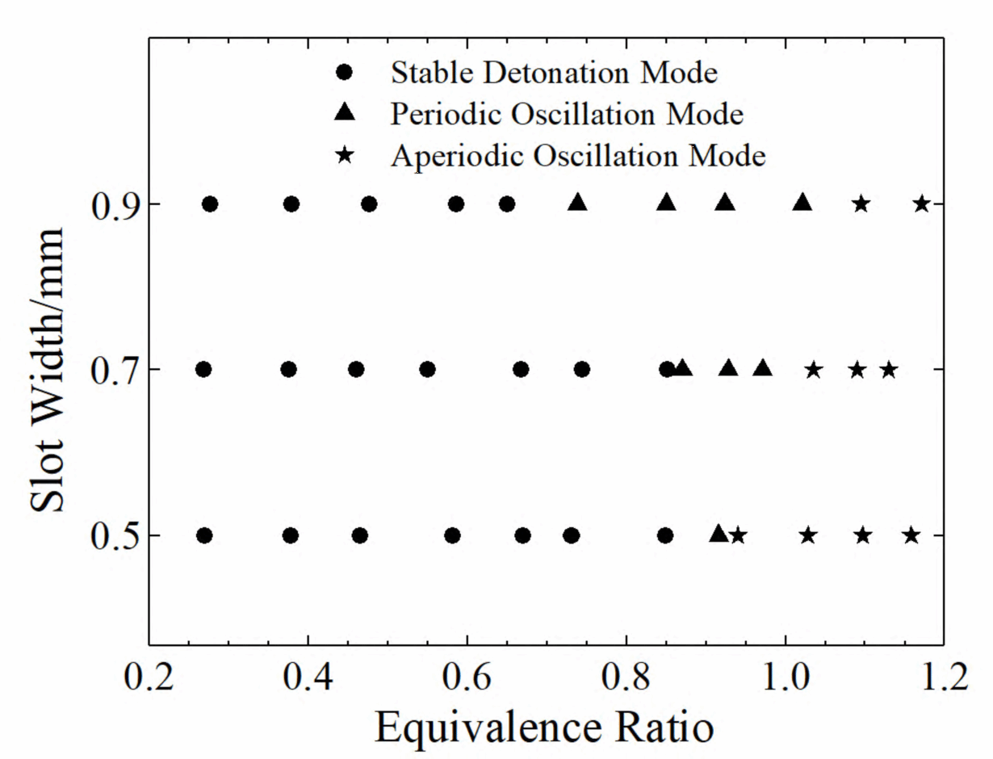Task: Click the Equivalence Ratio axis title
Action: coord(544,728)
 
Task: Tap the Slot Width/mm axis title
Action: coord(48,370)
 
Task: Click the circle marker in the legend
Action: coord(346,73)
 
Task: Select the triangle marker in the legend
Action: coord(346,114)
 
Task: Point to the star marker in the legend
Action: coord(346,155)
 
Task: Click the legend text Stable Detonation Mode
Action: coord(554,73)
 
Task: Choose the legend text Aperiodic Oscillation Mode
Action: coord(577,155)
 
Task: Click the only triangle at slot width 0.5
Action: coord(719,534)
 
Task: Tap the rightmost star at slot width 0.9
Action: coord(922,203)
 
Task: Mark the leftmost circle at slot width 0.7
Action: coord(204,370)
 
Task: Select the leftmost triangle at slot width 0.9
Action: coord(577,203)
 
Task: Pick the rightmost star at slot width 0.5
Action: coord(911,535)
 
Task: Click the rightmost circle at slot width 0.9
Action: coord(507,203)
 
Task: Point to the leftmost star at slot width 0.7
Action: coord(814,370)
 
